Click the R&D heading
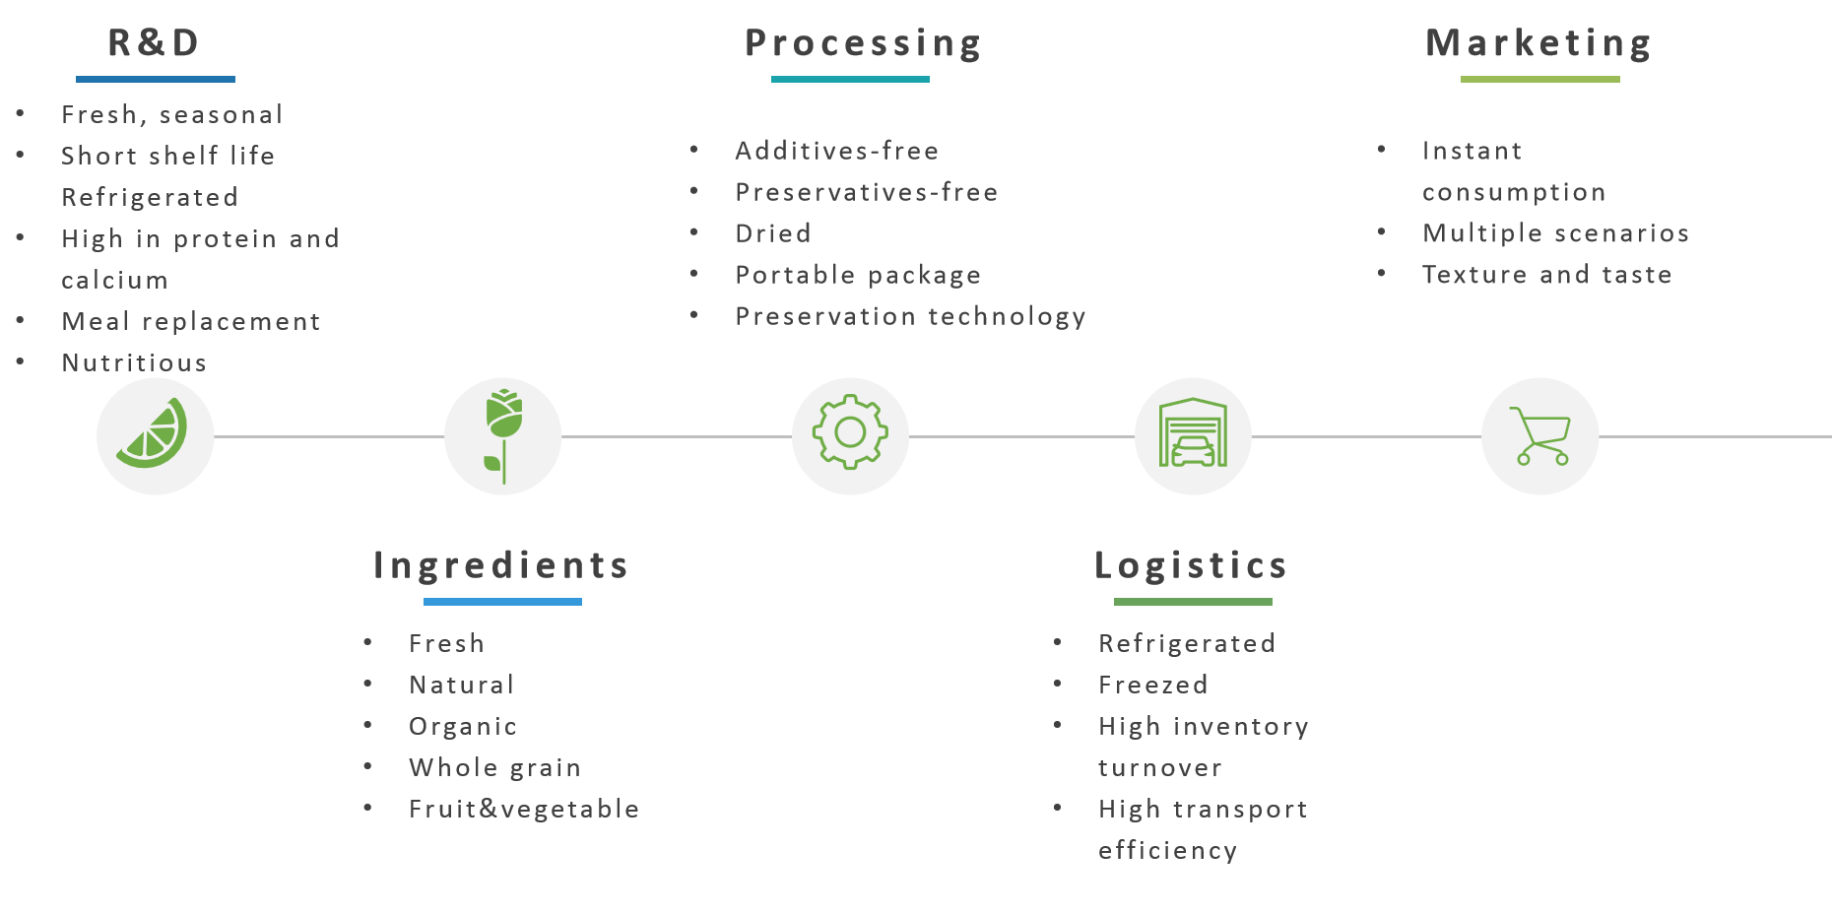click(154, 43)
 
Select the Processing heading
click(863, 44)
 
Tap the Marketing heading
click(1538, 44)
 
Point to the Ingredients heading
click(501, 565)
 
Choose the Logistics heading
click(1192, 565)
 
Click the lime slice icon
click(152, 433)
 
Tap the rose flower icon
click(503, 435)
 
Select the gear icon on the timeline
click(850, 431)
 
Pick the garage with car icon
click(1193, 432)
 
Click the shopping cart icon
click(1541, 435)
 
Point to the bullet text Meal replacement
click(191, 322)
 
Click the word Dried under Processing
click(773, 233)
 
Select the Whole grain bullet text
click(495, 768)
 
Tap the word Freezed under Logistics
click(1153, 685)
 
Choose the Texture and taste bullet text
click(1547, 275)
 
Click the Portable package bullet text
click(859, 276)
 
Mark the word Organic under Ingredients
click(463, 727)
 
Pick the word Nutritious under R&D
click(134, 363)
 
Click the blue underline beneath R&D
click(156, 79)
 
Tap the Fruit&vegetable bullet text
click(525, 810)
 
